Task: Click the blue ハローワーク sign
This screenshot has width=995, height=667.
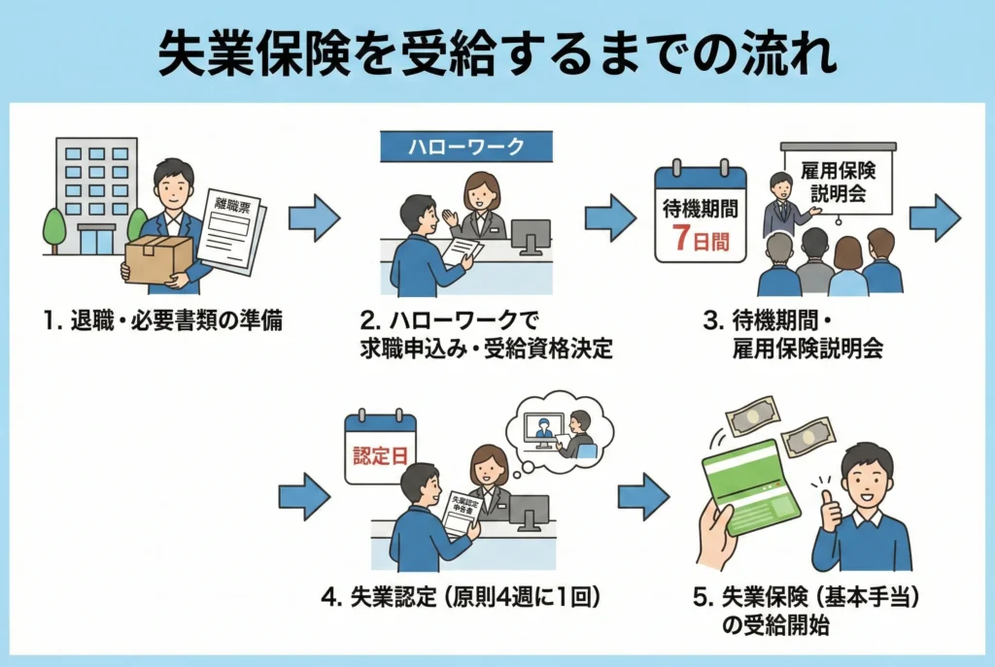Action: tap(464, 147)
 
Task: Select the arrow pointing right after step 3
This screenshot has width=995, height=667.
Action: tap(935, 217)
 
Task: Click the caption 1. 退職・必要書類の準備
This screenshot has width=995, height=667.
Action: tap(164, 321)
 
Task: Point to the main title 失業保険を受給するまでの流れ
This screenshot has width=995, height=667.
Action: tap(497, 55)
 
